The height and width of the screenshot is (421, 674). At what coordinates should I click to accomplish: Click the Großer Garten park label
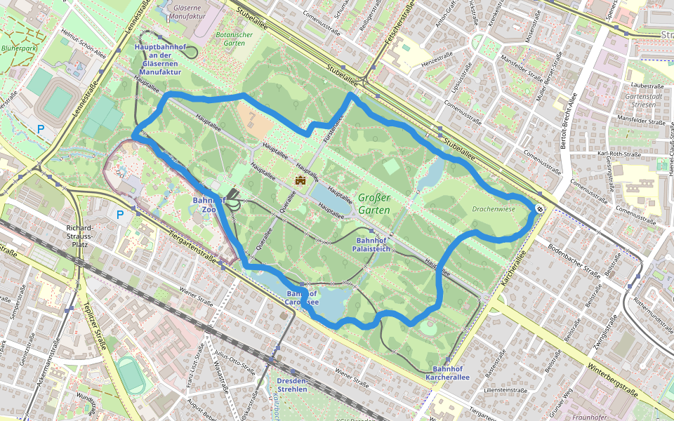point(373,203)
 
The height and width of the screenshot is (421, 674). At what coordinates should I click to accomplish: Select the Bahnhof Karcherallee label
point(447,373)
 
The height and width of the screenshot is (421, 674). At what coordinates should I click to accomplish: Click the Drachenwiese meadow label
point(494,208)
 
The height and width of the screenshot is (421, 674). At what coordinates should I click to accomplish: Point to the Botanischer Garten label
point(234,39)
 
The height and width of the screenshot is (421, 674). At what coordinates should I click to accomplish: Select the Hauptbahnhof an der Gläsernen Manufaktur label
point(160,59)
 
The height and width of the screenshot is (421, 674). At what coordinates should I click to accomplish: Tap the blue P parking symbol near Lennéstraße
point(40,129)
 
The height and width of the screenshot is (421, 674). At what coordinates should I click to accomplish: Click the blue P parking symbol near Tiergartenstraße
point(120,215)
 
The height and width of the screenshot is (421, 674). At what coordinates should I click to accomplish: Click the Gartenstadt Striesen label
point(640,100)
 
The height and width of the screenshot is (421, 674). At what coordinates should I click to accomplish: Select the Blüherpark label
point(19,48)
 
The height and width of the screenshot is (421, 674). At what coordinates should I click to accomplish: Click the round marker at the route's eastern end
point(538,208)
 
